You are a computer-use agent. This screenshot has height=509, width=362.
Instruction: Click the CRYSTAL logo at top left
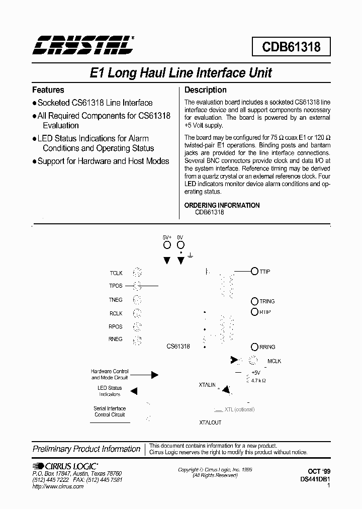(x=83, y=45)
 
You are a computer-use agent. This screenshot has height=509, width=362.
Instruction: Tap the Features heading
(x=48, y=90)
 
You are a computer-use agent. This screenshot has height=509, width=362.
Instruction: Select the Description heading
(x=206, y=90)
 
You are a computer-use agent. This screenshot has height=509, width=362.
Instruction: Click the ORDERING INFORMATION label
(x=222, y=205)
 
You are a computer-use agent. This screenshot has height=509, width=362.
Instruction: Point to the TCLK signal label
(x=116, y=273)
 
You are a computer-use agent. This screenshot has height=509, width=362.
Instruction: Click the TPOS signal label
(x=116, y=286)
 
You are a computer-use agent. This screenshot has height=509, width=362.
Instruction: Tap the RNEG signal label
(x=116, y=340)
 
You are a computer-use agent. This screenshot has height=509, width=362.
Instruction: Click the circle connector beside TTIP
(x=255, y=272)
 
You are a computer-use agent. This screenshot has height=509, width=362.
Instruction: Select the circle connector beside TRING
(x=255, y=301)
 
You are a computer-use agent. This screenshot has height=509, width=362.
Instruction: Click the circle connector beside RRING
(x=255, y=347)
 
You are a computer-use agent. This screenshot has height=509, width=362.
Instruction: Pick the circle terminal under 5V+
(x=167, y=245)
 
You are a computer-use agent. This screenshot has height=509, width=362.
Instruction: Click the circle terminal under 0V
(x=180, y=245)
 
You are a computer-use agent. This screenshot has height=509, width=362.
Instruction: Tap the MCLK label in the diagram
(x=275, y=361)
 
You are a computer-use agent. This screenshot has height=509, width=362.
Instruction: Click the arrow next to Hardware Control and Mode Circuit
(x=154, y=375)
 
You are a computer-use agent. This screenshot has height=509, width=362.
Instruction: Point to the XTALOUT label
(x=210, y=422)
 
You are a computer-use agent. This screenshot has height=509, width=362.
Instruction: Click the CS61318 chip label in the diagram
(x=178, y=347)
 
